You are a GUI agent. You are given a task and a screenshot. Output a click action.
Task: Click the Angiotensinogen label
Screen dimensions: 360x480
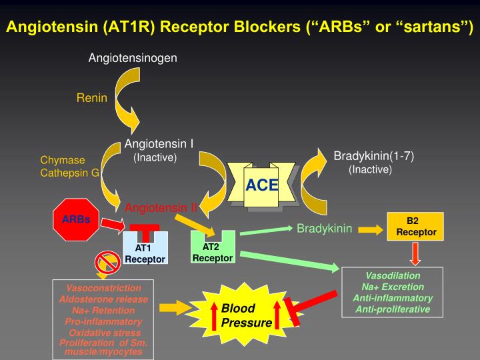[x=133, y=58]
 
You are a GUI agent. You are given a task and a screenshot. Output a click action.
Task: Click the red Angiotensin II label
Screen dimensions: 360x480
[x=162, y=207]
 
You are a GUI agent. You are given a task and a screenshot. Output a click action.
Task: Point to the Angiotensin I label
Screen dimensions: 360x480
[x=159, y=143]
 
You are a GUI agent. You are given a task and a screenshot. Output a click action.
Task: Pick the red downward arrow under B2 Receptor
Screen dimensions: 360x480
[x=415, y=253]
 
